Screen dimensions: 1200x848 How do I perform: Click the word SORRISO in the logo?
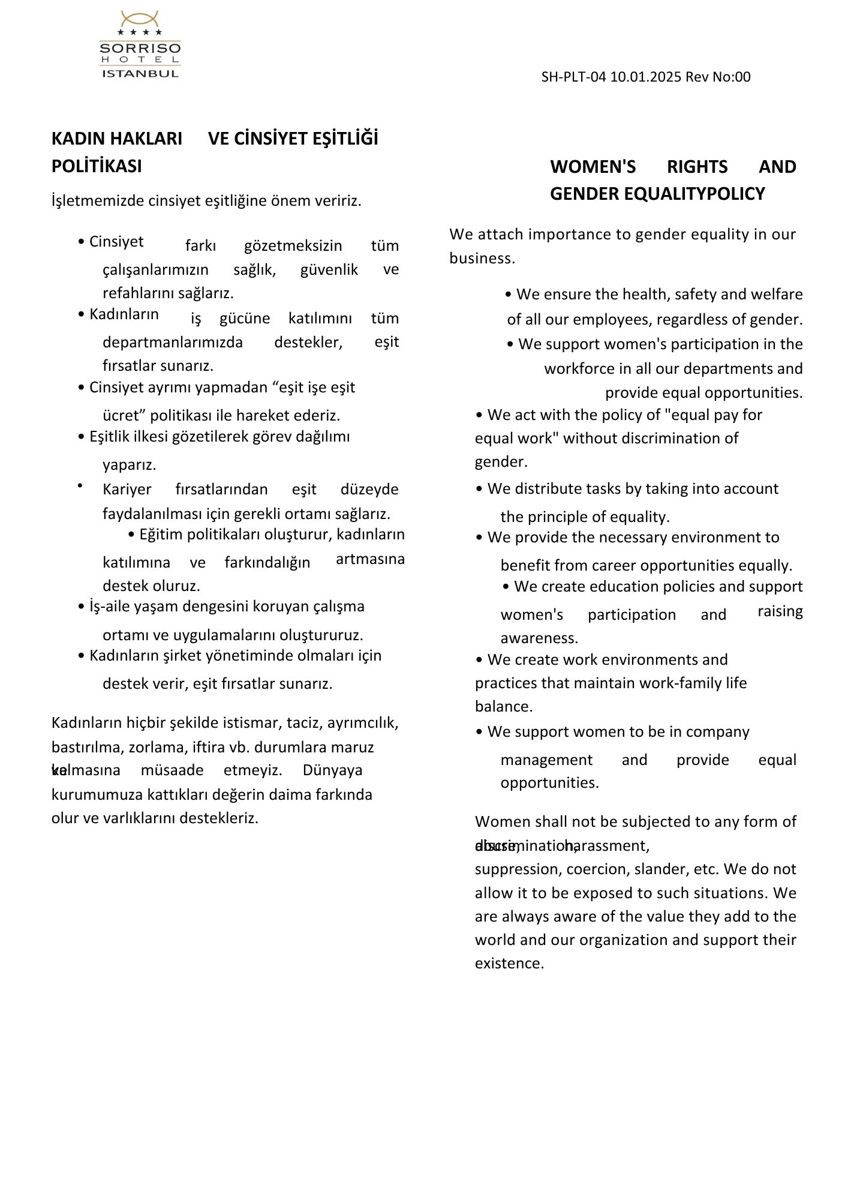point(140,49)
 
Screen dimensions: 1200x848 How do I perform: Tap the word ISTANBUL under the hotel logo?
point(140,74)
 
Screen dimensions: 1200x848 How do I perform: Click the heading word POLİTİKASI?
point(97,166)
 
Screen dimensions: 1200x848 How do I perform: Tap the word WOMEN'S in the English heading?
point(593,167)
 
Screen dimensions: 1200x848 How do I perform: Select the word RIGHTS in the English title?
point(697,167)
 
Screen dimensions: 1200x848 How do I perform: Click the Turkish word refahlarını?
point(139,293)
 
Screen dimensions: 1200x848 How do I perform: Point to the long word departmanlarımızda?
point(173,342)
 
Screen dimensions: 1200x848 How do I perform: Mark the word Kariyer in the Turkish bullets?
point(127,490)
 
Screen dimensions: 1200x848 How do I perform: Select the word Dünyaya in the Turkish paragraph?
point(332,770)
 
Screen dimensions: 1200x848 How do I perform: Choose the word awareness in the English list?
point(539,638)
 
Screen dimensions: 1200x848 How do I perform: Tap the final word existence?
point(509,963)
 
